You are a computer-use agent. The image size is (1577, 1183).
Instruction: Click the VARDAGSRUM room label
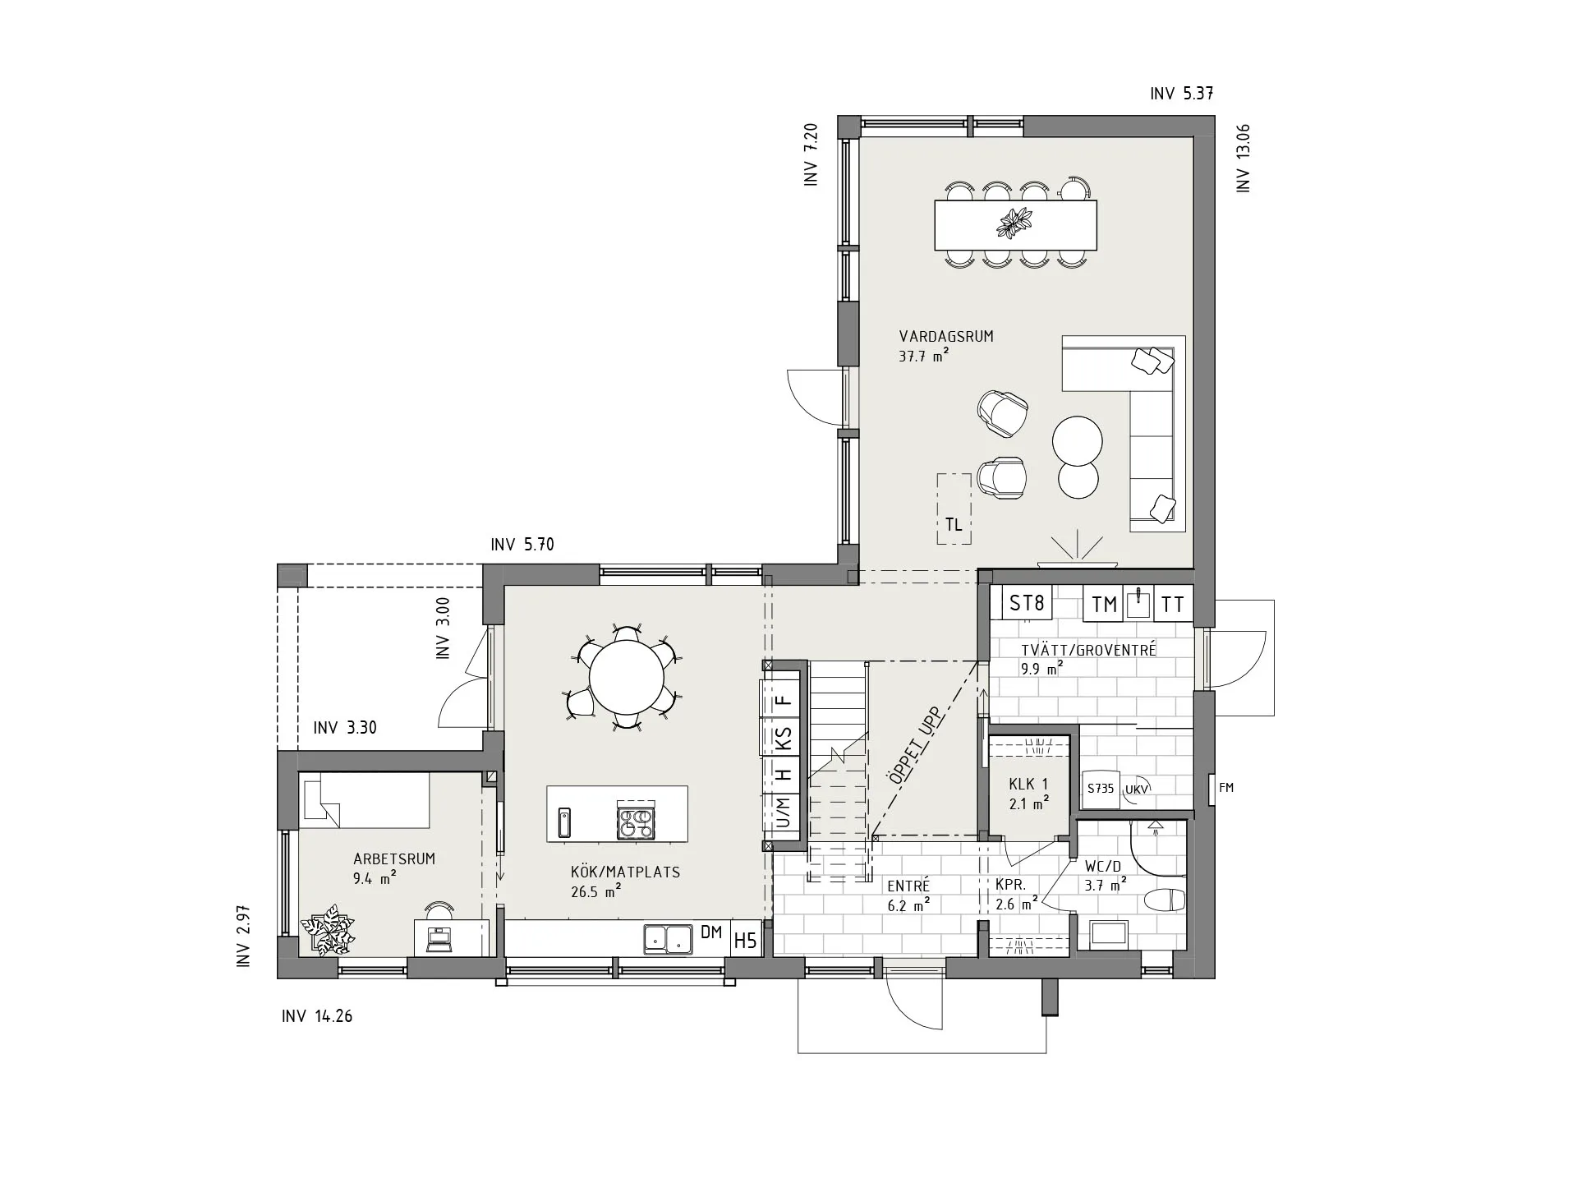946,336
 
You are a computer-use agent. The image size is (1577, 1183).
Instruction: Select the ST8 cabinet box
1027,604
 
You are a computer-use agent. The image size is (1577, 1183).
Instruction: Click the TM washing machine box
1105,605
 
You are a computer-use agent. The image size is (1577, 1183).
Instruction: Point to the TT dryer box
1174,605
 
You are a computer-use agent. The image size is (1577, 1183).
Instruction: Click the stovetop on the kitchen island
637,822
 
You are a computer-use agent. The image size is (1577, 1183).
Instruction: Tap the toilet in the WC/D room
1166,901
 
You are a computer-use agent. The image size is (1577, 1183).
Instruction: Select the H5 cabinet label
745,940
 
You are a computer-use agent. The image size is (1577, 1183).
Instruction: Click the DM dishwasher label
711,932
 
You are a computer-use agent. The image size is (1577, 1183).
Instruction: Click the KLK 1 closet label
1028,785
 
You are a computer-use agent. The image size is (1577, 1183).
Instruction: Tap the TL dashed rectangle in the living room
954,509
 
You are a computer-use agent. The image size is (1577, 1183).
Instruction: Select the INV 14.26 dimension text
317,1016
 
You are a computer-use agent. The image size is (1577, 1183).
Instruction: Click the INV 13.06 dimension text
1244,159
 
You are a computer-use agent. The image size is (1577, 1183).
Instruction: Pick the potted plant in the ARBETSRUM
328,930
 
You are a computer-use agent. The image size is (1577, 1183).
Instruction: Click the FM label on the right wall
1226,788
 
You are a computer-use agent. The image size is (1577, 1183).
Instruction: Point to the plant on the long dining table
1015,223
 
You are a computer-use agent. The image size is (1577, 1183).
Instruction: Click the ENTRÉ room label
908,886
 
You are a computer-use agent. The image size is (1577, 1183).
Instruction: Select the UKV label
1137,789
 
